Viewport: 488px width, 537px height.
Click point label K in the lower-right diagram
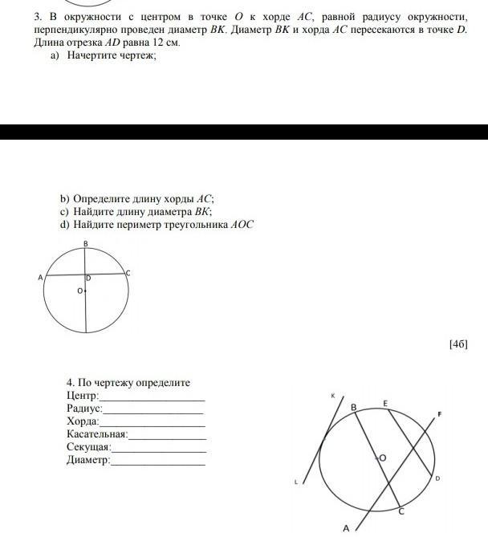[331, 396]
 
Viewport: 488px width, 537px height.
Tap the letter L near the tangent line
[296, 482]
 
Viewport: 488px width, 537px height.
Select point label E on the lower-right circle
[385, 403]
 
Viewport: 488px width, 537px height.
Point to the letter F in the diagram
[439, 414]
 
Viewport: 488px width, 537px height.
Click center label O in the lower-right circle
[382, 458]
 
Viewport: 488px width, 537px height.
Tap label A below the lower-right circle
[346, 528]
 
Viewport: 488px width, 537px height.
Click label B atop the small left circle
[85, 243]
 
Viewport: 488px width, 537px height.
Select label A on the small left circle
[39, 277]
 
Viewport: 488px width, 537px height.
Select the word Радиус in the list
[83, 409]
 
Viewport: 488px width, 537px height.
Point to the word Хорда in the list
[82, 421]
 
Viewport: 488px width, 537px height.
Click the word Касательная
[97, 434]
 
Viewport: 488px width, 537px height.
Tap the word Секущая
[87, 447]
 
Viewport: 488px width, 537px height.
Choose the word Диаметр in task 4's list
[87, 460]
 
